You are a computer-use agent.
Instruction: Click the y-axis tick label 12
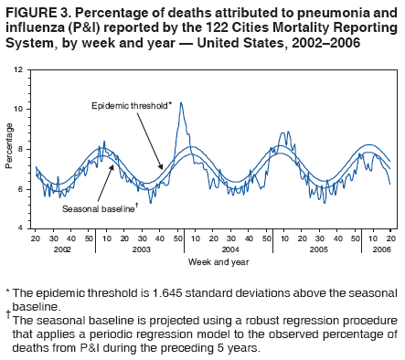pyautogui.click(x=19, y=70)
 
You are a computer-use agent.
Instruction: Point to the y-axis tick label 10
pyautogui.click(x=19, y=110)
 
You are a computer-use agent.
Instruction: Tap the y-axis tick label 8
pyautogui.click(x=21, y=149)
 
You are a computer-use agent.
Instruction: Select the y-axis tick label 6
pyautogui.click(x=21, y=188)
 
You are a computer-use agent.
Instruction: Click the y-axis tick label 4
pyautogui.click(x=21, y=228)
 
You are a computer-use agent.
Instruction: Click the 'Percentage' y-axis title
pyautogui.click(x=8, y=149)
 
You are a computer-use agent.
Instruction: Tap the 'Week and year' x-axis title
pyautogui.click(x=212, y=261)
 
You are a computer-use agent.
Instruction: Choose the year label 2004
pyautogui.click(x=230, y=249)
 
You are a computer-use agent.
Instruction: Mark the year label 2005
pyautogui.click(x=320, y=249)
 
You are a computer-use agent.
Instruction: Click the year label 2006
pyautogui.click(x=381, y=249)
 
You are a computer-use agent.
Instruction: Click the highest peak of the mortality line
pyautogui.click(x=181, y=103)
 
